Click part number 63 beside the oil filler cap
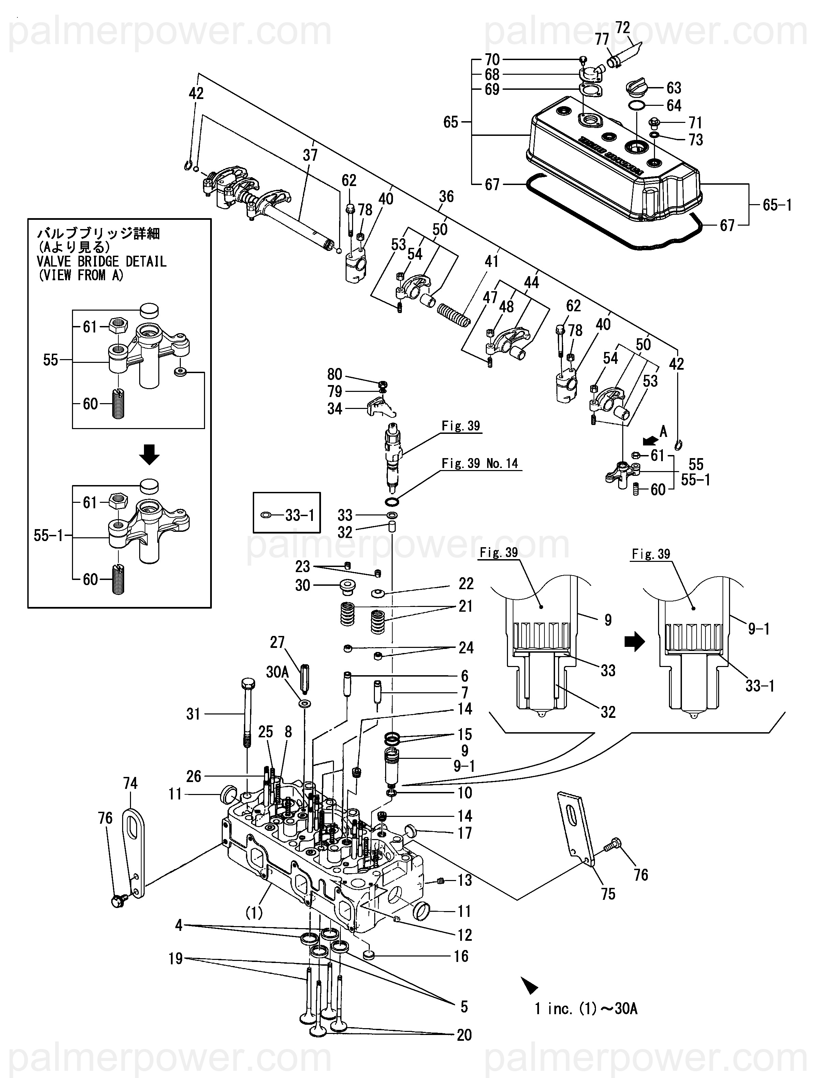674,88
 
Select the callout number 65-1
777,205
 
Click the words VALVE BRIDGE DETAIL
101,262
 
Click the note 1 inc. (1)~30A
586,1008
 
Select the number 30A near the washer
277,672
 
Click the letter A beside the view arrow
663,431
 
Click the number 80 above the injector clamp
335,374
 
